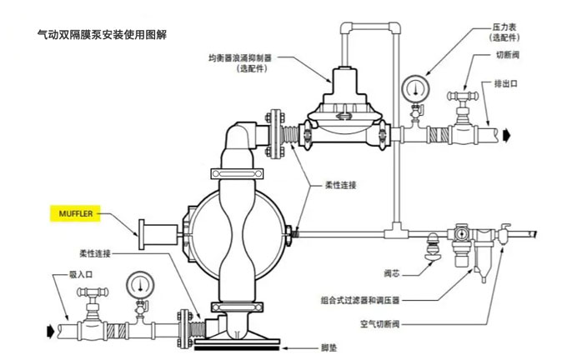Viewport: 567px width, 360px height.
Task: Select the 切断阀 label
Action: (x=508, y=55)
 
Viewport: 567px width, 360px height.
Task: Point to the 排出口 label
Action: (x=507, y=83)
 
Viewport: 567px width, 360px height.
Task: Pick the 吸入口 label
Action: (x=58, y=273)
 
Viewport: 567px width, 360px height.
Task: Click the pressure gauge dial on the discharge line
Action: (x=413, y=87)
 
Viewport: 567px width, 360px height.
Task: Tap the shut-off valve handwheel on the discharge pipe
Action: (x=460, y=94)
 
